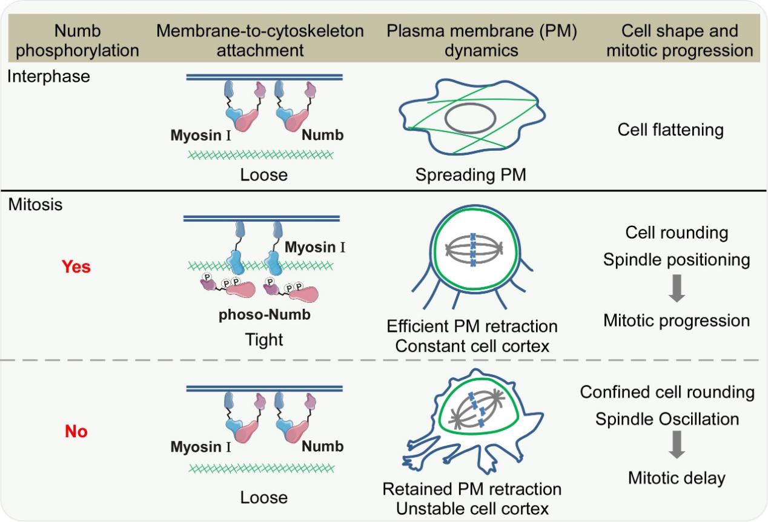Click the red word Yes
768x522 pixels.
point(76,266)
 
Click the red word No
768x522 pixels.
point(76,432)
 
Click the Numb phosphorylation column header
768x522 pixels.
point(77,40)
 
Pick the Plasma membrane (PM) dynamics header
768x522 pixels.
point(473,40)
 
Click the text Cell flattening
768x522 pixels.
point(670,130)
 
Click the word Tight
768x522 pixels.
point(263,340)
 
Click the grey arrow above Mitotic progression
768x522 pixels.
point(677,290)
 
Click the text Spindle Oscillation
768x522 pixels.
point(667,419)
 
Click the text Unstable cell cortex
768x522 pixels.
point(472,509)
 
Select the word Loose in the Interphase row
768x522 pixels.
point(263,176)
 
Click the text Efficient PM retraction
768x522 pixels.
point(472,327)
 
